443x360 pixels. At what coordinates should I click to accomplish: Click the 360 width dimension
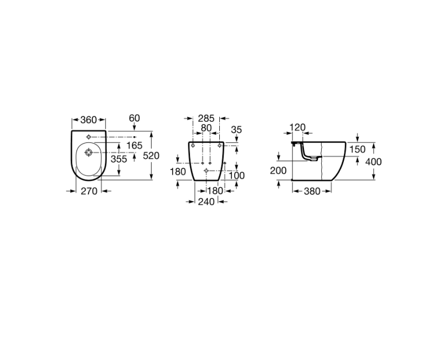pyautogui.click(x=89, y=120)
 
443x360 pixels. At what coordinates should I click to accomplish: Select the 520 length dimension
pyautogui.click(x=151, y=156)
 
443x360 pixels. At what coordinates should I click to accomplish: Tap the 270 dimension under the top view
pyautogui.click(x=89, y=191)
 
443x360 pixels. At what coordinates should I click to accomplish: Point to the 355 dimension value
pyautogui.click(x=119, y=159)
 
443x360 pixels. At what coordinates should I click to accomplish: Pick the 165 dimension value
pyautogui.click(x=134, y=146)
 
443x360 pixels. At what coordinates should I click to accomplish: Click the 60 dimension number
pyautogui.click(x=134, y=118)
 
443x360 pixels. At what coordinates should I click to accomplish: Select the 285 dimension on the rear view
pyautogui.click(x=206, y=118)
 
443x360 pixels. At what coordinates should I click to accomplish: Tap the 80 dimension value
pyautogui.click(x=206, y=128)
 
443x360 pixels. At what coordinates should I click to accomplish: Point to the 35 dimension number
pyautogui.click(x=236, y=130)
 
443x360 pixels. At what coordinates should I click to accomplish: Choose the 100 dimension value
pyautogui.click(x=236, y=176)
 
